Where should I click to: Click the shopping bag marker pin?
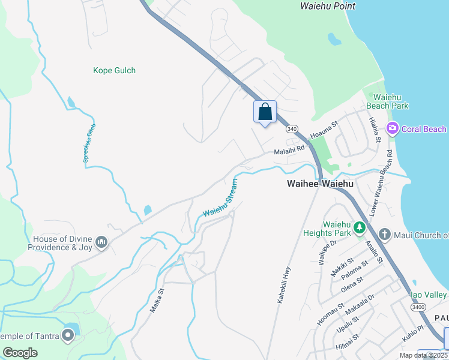tap(265, 112)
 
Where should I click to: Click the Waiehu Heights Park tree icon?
tap(359, 227)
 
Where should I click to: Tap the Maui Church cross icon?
tap(384, 235)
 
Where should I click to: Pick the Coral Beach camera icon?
tap(393, 128)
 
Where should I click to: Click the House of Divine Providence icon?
tap(101, 242)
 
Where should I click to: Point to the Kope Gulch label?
tap(114, 70)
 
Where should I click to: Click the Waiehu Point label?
tap(327, 6)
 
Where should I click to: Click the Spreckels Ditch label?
tap(89, 143)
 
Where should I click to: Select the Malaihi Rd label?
tap(290, 150)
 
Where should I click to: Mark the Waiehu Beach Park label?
tap(391, 101)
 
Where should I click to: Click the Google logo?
tap(20, 352)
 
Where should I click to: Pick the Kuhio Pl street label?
tap(413, 334)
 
